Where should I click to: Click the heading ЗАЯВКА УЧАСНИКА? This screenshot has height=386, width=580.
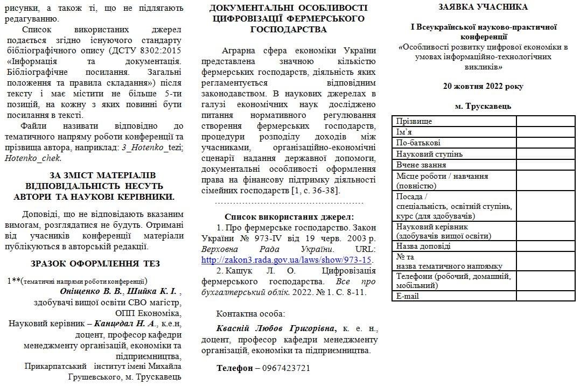point(483,7)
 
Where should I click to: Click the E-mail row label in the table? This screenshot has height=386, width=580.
point(408,296)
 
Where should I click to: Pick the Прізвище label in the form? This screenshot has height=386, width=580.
point(414,121)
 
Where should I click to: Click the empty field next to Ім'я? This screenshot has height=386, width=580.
point(546,132)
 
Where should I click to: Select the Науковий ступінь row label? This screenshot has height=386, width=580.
point(429,154)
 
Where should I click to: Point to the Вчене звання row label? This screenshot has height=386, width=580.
point(421,165)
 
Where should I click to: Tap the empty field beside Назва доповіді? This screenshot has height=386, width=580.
point(546,246)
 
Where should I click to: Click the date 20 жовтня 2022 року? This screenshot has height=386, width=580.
point(483,86)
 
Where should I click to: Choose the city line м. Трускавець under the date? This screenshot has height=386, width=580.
point(483,106)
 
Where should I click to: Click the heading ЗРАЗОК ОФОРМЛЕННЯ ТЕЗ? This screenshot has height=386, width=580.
point(96,263)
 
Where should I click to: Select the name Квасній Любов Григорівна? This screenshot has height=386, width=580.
point(275,328)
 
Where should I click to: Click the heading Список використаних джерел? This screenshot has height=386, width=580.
point(285,217)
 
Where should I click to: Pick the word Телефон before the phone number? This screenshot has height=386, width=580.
point(234,368)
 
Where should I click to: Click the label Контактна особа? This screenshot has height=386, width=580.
point(250,313)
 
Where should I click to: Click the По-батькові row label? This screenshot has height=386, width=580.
point(418,143)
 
